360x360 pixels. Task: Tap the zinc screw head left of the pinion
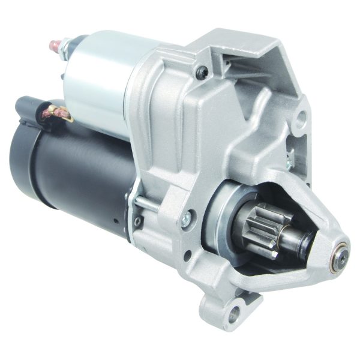point(188,217)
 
